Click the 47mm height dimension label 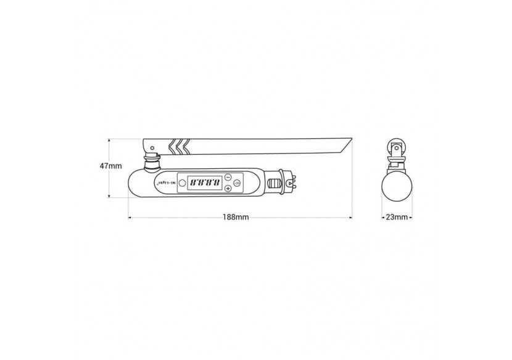click(111, 166)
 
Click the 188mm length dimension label click(237, 218)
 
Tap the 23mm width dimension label click(396, 218)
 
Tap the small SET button click(237, 182)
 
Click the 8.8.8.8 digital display click(204, 183)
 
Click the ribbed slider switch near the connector click(274, 184)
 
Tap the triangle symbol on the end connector click(290, 184)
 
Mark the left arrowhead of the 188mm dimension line click(130, 218)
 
